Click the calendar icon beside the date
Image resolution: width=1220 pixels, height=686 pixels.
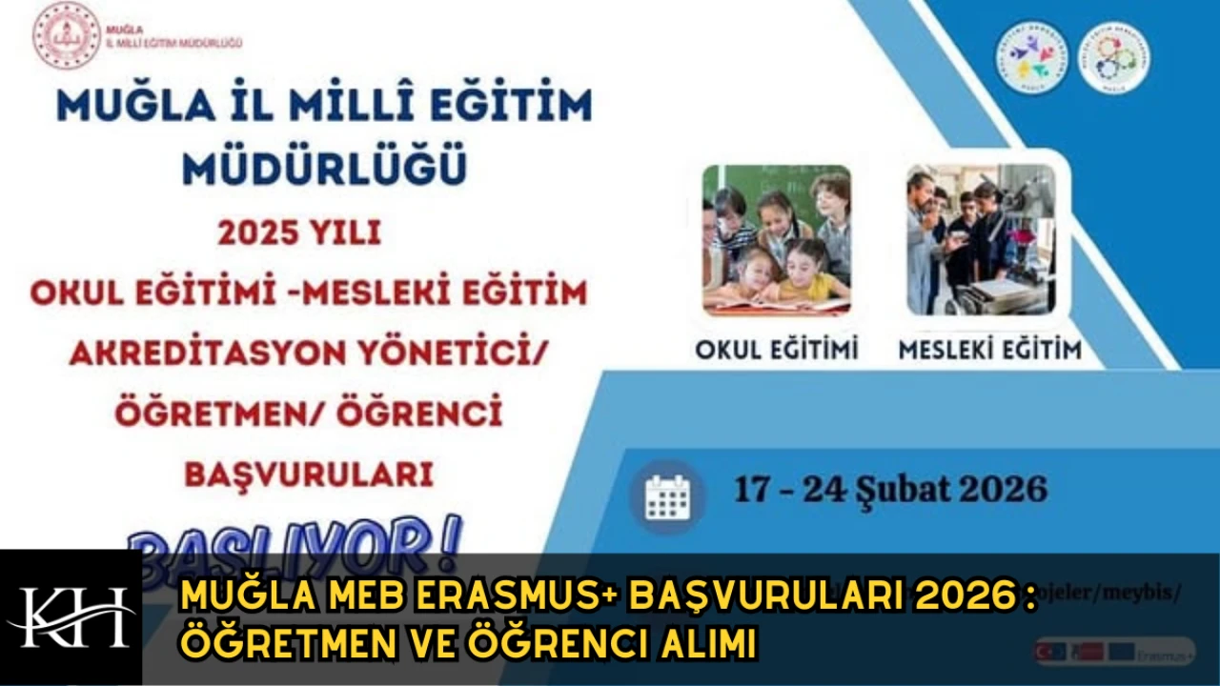click(x=667, y=495)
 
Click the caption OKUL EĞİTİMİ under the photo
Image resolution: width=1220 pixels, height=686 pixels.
click(x=776, y=350)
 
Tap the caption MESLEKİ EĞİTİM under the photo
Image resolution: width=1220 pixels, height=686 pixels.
click(x=990, y=350)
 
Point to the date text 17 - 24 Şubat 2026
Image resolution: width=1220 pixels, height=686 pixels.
click(x=889, y=490)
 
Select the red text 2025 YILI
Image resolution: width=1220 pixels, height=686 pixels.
click(x=299, y=233)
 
